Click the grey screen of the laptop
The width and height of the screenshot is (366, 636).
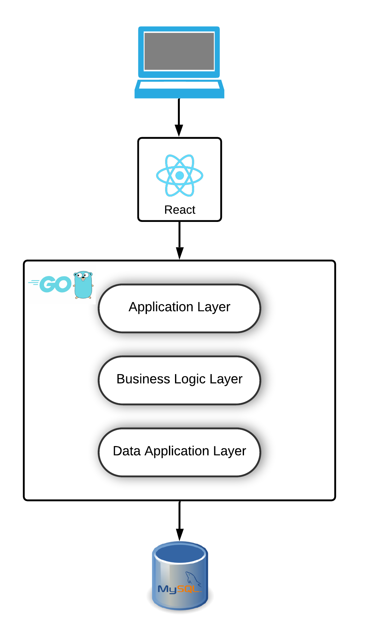[x=179, y=51]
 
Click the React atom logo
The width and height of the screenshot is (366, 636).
[x=179, y=175]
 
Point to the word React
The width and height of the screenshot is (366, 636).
[x=179, y=210]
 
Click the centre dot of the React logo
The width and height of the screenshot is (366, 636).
[x=179, y=175]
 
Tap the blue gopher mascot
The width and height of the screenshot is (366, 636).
[x=83, y=285]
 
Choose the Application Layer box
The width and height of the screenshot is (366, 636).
[x=179, y=308]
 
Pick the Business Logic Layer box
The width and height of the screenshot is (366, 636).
[x=179, y=380]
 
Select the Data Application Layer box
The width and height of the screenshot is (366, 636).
[x=179, y=452]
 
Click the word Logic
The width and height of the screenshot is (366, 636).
[x=190, y=379]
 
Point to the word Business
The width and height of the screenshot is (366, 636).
[x=143, y=379]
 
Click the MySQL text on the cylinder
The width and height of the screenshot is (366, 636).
[x=179, y=589]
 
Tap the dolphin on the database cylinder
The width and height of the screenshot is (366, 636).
[x=193, y=579]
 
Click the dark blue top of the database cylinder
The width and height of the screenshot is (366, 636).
[x=180, y=554]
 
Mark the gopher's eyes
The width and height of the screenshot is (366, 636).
[x=83, y=275]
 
